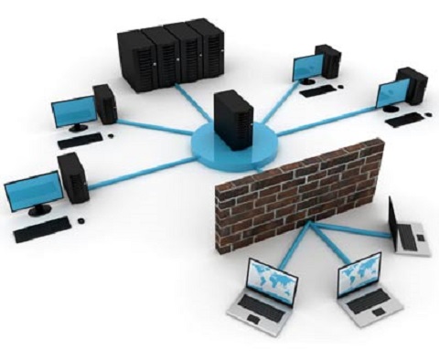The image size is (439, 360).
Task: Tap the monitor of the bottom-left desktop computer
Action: (32, 193)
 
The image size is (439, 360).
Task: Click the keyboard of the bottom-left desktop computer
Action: (41, 229)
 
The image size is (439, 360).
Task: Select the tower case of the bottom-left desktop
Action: (72, 178)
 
